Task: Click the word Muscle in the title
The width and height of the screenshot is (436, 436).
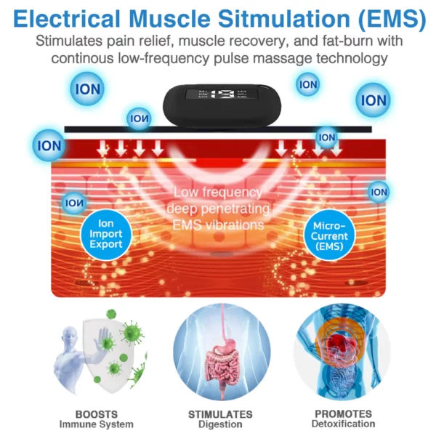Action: pos(170,19)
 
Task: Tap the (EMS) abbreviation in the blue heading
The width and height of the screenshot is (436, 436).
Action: pos(392,20)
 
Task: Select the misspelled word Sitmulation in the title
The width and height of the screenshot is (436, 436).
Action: pos(284,19)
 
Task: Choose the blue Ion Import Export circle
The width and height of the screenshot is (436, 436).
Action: pos(106,234)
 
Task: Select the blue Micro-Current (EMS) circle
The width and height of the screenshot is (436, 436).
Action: pos(329,235)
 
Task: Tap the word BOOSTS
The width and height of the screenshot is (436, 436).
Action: pos(97,414)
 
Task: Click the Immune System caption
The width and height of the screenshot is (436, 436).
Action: pos(96,424)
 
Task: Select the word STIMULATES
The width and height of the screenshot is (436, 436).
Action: pos(220,414)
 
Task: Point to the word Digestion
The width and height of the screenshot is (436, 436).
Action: pos(220,424)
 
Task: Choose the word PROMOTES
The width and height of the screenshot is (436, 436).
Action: pos(343,413)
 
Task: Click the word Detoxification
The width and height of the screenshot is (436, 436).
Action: pos(343,424)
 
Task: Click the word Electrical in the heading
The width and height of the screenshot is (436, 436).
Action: pos(66,19)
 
